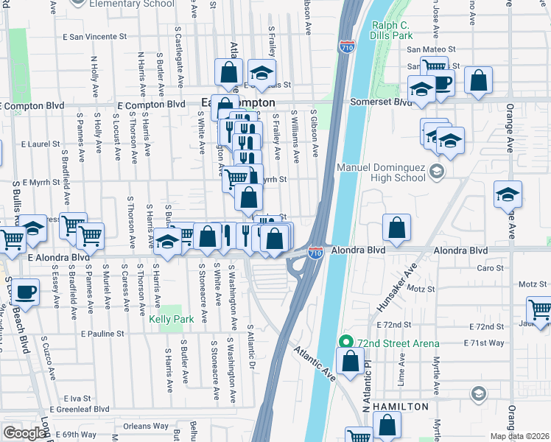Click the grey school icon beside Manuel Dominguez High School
[437, 172]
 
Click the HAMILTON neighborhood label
[399, 407]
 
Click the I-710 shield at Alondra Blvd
[315, 253]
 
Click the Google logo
[25, 433]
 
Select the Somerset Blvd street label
[380, 102]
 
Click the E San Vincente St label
[95, 35]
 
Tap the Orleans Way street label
[146, 426]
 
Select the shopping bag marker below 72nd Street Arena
[351, 362]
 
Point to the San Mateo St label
[431, 49]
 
